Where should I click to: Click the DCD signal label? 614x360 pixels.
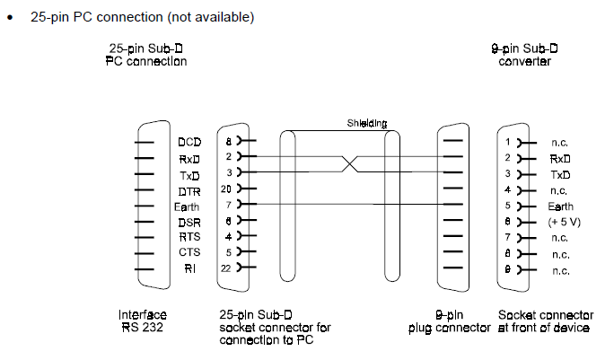189,142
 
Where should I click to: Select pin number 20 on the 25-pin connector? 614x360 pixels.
226,189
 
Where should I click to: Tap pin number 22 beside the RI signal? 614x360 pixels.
226,268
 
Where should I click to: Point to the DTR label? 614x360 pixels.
189,191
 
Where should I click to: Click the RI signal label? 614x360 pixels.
190,268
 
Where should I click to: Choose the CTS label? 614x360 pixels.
189,252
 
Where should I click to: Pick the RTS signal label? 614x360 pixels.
189,237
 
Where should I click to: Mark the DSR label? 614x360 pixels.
189,223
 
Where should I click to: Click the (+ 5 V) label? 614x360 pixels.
564,222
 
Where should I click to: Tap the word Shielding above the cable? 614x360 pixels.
367,123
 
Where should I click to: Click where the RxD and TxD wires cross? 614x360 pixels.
350,164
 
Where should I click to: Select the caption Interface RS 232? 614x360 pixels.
143,320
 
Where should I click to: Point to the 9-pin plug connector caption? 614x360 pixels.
449,321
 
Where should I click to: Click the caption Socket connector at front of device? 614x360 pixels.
546,321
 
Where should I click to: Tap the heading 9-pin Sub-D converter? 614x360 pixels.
525,55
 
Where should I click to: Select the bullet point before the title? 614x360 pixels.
10,17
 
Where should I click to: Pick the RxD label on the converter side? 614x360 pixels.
560,159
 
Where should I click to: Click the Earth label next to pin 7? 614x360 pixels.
187,206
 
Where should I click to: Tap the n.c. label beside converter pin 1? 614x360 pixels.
559,143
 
